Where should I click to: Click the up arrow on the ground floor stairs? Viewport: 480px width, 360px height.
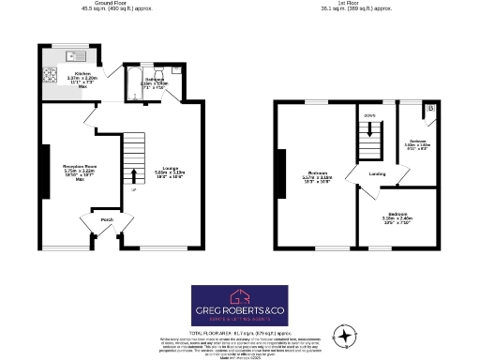point(134,174)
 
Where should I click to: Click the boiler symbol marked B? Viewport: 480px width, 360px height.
point(430,111)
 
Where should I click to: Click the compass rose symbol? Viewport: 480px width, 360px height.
point(346,334)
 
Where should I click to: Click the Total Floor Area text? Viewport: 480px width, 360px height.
point(240,333)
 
